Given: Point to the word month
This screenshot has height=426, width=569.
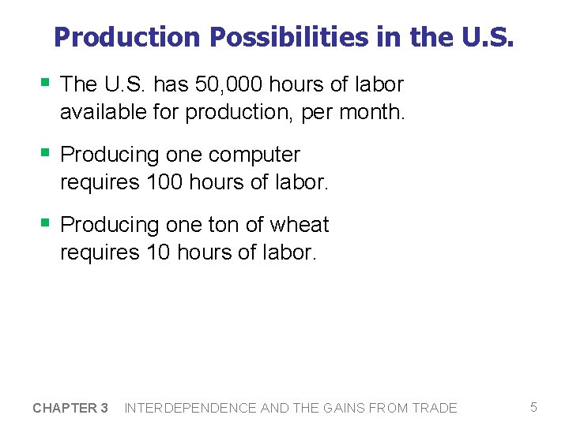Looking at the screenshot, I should point(372,112).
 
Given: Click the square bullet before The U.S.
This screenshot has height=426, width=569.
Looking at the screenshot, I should point(46,82).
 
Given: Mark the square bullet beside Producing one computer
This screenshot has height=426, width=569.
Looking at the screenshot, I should point(46,152).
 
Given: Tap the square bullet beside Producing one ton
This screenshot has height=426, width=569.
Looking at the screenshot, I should point(46,222).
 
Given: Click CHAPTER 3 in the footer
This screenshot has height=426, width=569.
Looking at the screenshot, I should point(70,408).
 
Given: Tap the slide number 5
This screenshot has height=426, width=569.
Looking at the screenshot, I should point(533,407).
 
